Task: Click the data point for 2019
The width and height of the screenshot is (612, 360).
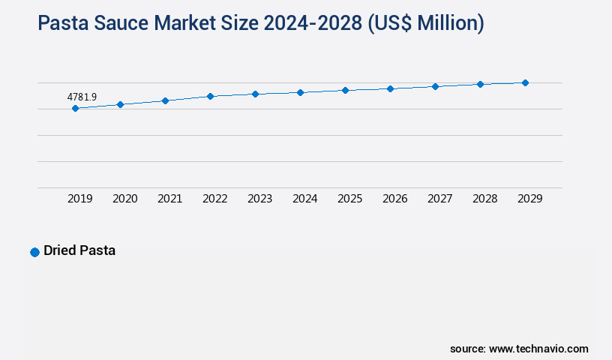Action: [75, 109]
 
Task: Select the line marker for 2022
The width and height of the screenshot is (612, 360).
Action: [210, 96]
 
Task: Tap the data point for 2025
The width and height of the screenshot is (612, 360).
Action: [345, 90]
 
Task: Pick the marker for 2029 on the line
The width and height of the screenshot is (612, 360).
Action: [525, 82]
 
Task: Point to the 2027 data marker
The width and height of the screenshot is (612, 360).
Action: [435, 86]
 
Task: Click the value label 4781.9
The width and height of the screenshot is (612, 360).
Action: [82, 97]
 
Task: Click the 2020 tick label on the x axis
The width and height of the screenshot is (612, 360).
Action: [124, 199]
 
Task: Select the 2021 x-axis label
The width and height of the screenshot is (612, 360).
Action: [169, 199]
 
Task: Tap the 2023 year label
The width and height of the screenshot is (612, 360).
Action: [259, 199]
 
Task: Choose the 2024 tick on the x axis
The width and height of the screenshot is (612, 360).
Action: [304, 199]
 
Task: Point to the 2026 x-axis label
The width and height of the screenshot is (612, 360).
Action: [394, 199]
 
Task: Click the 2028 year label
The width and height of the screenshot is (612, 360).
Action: [484, 199]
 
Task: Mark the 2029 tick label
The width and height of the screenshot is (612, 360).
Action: [529, 199]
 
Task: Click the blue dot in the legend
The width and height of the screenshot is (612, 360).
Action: [34, 252]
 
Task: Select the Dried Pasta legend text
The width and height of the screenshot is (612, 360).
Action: [79, 250]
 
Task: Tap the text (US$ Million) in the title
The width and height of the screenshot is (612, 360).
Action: [425, 24]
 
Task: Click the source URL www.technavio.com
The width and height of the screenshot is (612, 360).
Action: [538, 349]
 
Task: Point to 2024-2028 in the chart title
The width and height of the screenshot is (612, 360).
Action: [316, 24]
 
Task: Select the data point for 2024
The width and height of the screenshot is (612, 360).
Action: [300, 92]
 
